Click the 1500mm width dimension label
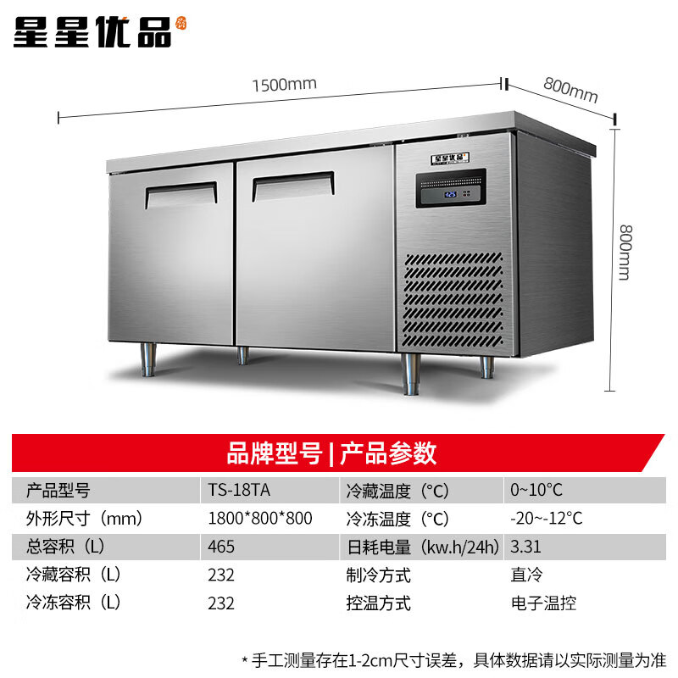[284, 83]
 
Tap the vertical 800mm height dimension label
[625, 253]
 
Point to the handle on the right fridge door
[291, 185]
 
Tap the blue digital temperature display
[450, 194]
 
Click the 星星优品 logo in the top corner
[98, 31]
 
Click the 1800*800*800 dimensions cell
[259, 519]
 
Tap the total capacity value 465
[221, 547]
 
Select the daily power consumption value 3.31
[525, 547]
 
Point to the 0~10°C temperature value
[536, 491]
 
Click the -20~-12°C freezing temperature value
[546, 519]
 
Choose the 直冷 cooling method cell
[525, 575]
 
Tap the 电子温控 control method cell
[543, 603]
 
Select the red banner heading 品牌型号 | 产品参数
[331, 453]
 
